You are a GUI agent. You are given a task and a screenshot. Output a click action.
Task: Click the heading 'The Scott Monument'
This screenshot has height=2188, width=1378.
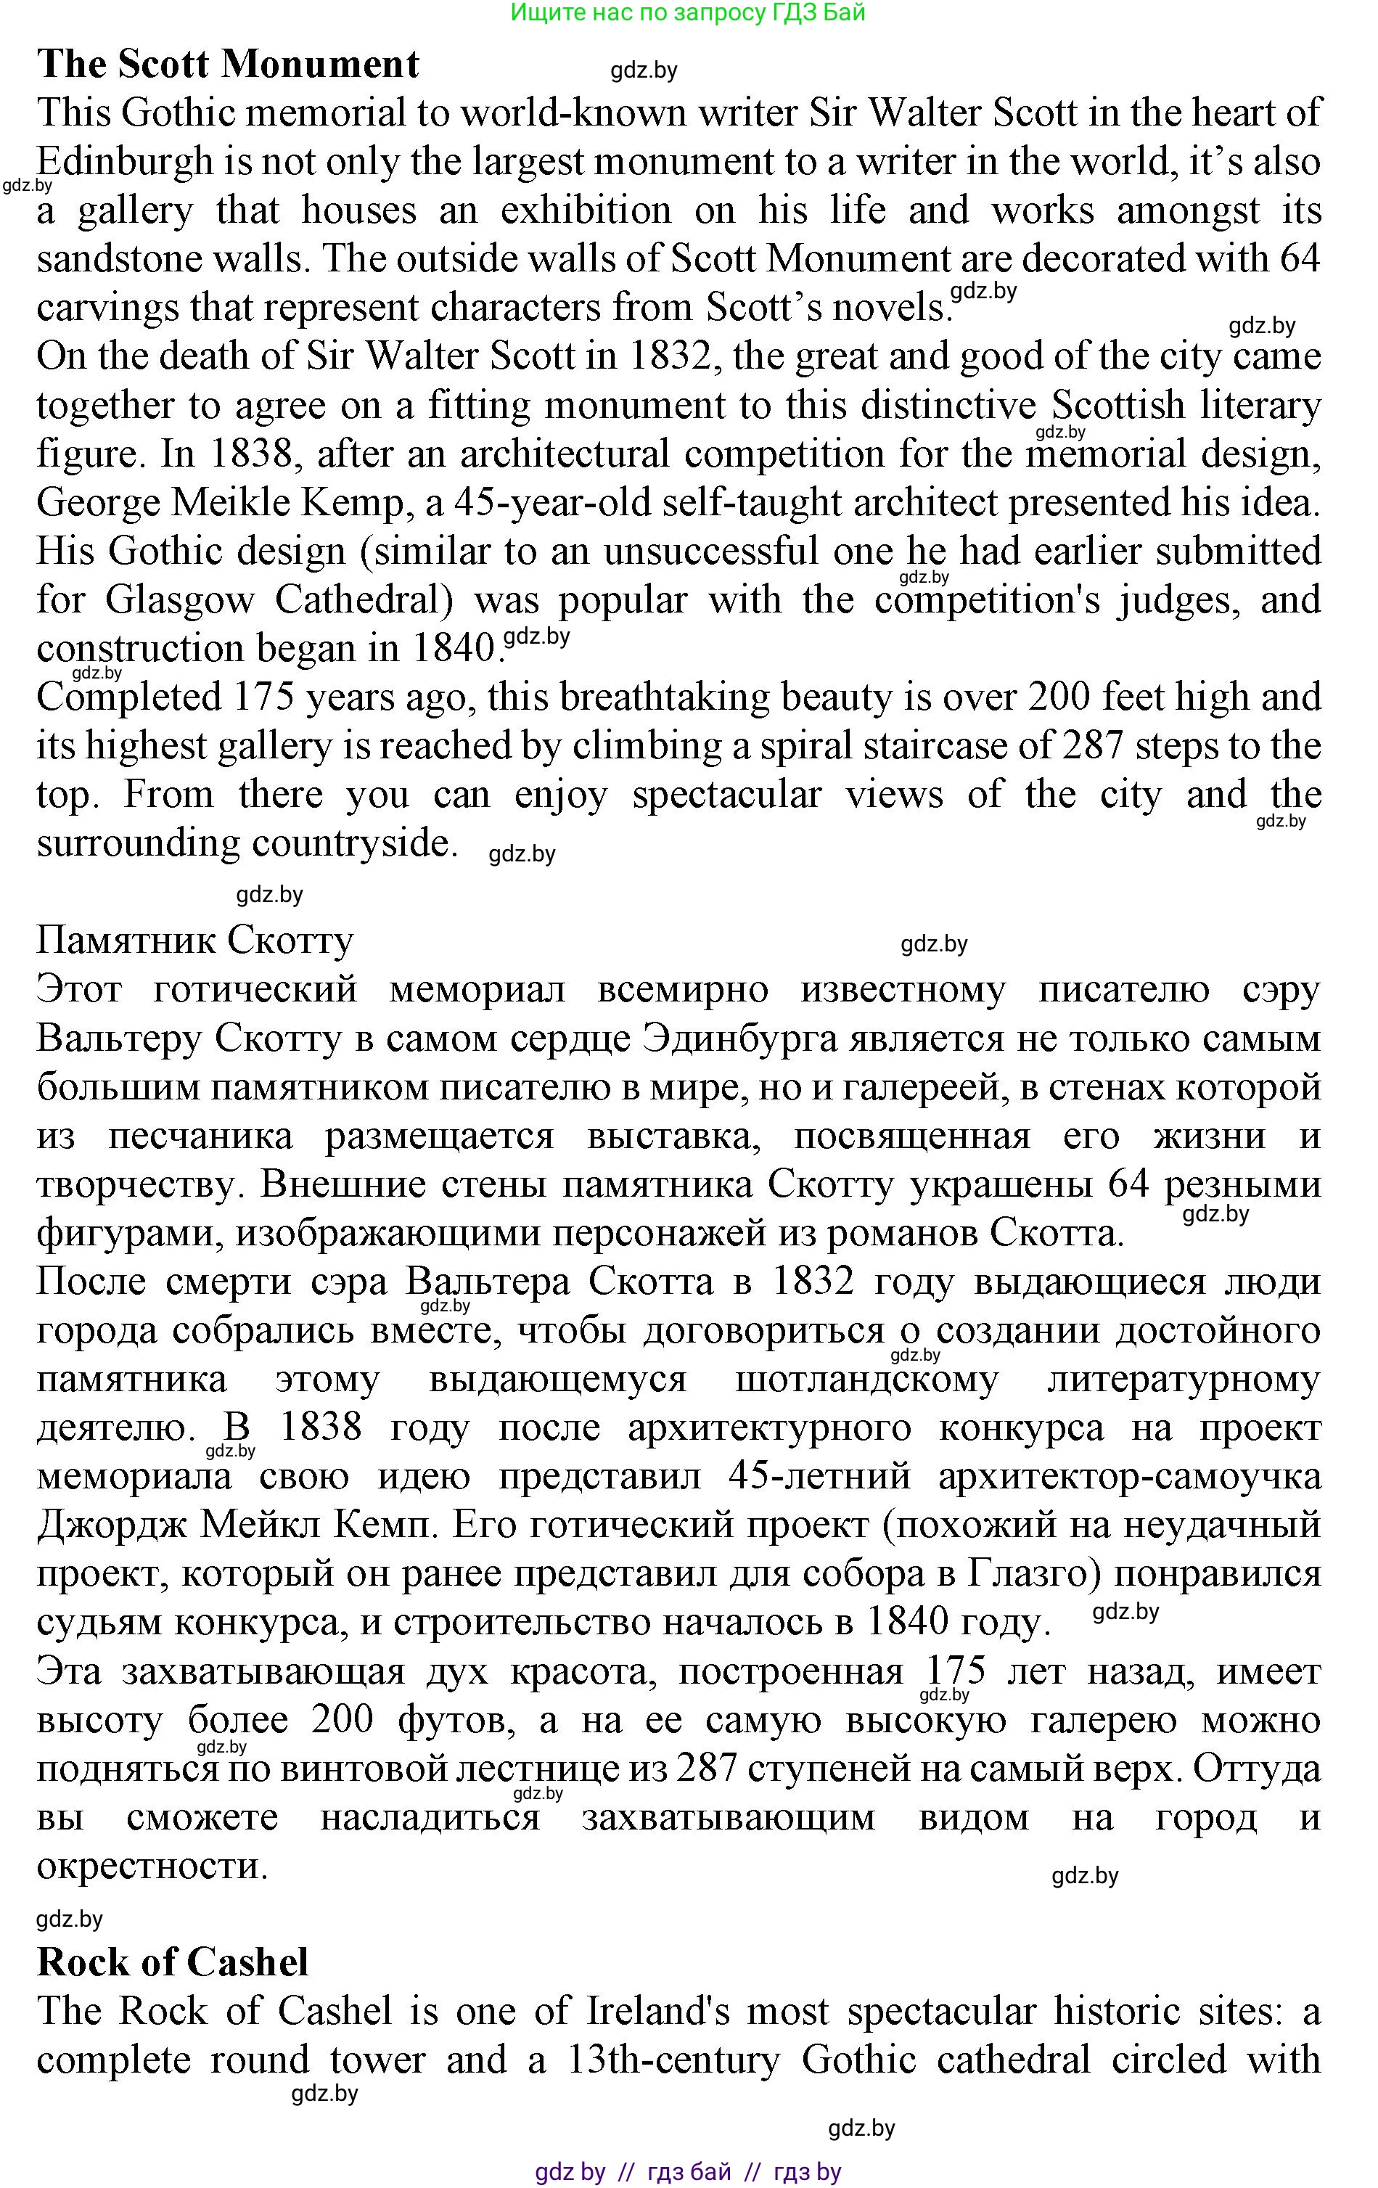[x=228, y=65]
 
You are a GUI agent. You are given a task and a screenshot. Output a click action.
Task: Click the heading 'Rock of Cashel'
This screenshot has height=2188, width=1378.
[x=173, y=1962]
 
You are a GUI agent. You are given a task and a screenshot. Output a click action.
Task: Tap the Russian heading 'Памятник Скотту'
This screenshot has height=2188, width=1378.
[x=194, y=941]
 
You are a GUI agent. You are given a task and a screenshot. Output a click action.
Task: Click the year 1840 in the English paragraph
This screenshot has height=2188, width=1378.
[x=452, y=649]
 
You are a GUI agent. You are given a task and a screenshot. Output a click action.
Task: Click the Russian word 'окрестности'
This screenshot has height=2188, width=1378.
[x=152, y=1866]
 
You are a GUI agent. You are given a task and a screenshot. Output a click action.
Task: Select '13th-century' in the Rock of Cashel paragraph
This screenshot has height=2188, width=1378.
[x=672, y=2060]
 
